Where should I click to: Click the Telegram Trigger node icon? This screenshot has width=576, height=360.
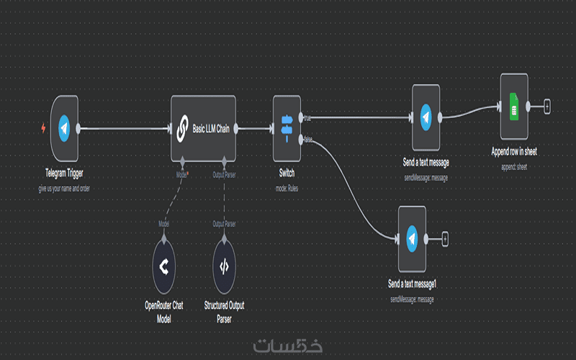65,129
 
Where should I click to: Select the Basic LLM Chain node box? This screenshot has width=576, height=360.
204,129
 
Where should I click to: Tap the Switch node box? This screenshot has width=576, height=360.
287,129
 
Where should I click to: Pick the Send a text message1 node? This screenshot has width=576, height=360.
412,238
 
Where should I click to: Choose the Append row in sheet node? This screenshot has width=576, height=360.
514,107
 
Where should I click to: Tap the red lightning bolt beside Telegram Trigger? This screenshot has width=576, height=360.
44,129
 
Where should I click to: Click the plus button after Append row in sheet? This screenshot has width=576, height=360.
546,107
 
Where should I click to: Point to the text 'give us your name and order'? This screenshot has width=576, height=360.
64,189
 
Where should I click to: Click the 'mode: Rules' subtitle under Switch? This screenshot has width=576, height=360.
287,188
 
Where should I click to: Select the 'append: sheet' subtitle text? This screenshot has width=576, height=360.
514,166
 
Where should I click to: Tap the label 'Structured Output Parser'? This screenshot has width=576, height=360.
224,310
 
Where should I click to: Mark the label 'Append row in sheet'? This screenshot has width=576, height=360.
514,152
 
